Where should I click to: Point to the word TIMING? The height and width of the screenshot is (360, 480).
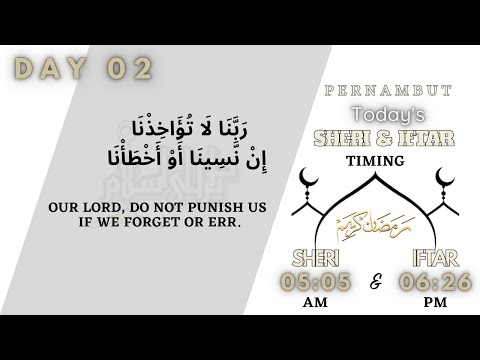pyautogui.click(x=376, y=160)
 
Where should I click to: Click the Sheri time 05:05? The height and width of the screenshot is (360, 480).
pyautogui.click(x=316, y=283)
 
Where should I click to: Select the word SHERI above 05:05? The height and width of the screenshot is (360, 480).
pyautogui.click(x=312, y=256)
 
